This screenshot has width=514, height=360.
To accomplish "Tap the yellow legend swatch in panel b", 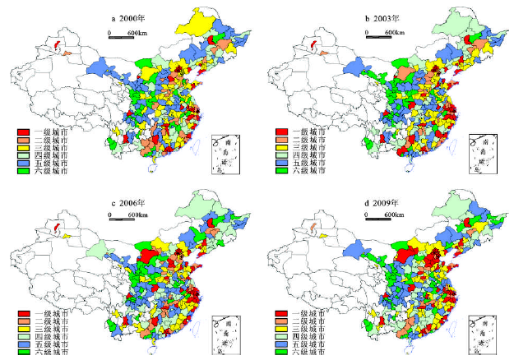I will click(281, 147).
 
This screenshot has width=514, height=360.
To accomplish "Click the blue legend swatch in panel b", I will click(281, 163).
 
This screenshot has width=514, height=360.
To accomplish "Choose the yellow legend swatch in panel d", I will click(281, 330).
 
